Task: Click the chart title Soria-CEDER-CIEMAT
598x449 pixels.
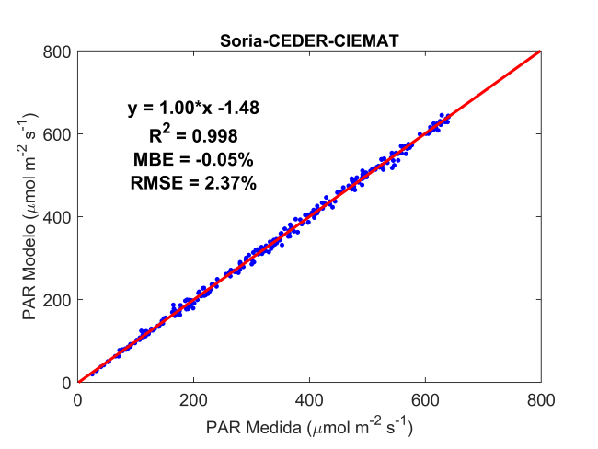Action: pos(309,40)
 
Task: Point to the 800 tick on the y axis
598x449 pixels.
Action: pos(61,52)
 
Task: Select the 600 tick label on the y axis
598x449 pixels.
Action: pos(61,134)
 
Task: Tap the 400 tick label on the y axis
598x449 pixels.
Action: pos(61,217)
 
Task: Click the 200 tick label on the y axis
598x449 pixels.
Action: pos(61,300)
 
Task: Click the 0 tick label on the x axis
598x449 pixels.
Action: pos(78,400)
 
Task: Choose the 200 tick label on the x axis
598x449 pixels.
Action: pos(194,400)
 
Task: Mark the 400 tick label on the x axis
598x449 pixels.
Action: pos(310,400)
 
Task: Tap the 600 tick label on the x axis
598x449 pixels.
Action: pos(426,400)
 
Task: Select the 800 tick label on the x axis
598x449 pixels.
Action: pos(541,400)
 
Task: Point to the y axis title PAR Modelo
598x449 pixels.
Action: pos(30,217)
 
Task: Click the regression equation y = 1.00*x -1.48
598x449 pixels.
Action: pos(193,109)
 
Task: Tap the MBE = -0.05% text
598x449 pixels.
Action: pos(193,159)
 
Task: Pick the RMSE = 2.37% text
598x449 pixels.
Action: pos(193,183)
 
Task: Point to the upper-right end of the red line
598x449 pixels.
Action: pos(540,52)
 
